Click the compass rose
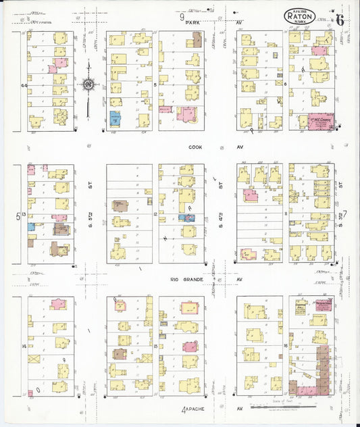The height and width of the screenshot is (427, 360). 88,84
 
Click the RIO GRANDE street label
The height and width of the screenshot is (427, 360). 183,278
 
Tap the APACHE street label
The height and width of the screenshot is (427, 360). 199,409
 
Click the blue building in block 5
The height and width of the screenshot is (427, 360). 115,120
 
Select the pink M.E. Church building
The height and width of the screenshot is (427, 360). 320,121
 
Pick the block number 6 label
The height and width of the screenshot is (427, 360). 285,84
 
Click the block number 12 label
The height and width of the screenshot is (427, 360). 155,215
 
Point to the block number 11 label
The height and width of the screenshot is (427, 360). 286,215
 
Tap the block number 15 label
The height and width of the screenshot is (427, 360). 155,346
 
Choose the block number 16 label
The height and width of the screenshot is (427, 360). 286,346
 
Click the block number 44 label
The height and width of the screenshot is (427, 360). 24,85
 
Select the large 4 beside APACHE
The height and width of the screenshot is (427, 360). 184,410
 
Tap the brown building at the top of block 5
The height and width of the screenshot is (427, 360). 197,39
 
